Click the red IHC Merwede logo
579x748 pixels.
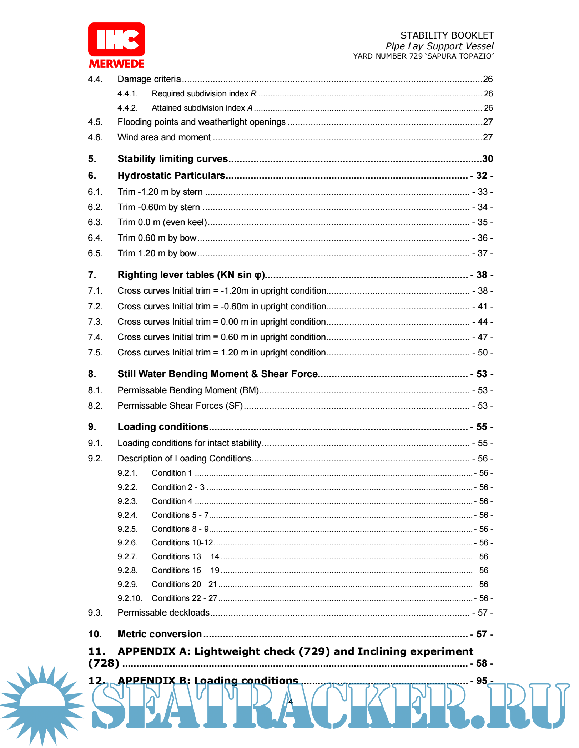pyautogui.click(x=116, y=45)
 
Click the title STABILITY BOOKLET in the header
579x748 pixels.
pyautogui.click(x=447, y=35)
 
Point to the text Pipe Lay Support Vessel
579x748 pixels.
pyautogui.click(x=439, y=46)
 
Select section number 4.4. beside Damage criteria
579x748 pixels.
pyautogui.click(x=95, y=79)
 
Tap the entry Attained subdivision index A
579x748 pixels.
pyautogui.click(x=202, y=108)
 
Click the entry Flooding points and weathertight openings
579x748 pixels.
pyautogui.click(x=201, y=122)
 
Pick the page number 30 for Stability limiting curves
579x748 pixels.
pyautogui.click(x=488, y=159)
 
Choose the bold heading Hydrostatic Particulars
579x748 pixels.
pyautogui.click(x=171, y=176)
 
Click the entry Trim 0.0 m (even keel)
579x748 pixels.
pyautogui.click(x=162, y=222)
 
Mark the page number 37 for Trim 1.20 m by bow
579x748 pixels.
pyautogui.click(x=483, y=253)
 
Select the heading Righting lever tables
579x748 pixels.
pyautogui.click(x=191, y=275)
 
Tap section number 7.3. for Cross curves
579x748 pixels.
pyautogui.click(x=95, y=322)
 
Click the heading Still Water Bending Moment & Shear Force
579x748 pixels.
pyautogui.click(x=217, y=374)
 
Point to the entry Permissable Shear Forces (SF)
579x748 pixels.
pyautogui.click(x=180, y=406)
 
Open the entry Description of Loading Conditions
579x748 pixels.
pyautogui.click(x=184, y=459)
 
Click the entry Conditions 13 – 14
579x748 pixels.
pyautogui.click(x=185, y=557)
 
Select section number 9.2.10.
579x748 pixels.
pyautogui.click(x=130, y=598)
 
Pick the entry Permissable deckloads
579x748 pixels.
pyautogui.click(x=163, y=613)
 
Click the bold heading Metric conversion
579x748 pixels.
pyautogui.click(x=160, y=634)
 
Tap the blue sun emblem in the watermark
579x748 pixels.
pyautogui.click(x=42, y=705)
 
